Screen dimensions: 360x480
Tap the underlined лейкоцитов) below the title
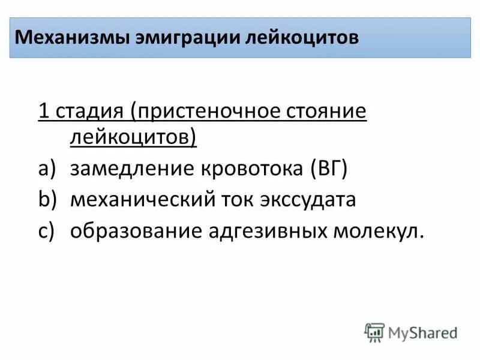coord(134,138)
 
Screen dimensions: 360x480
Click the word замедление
coord(127,169)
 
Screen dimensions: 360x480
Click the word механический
coord(143,199)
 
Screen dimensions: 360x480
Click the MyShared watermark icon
coord(374,332)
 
